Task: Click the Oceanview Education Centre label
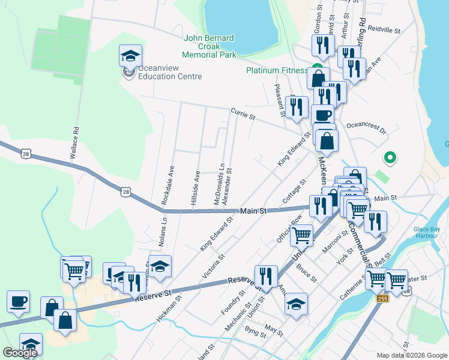point(170,73)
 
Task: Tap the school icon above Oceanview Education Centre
point(131,56)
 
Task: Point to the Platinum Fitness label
point(277,70)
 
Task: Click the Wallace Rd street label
point(74,142)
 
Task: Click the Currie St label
point(243,112)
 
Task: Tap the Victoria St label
point(214,266)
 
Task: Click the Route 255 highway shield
point(382,299)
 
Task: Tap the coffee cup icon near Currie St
point(322,116)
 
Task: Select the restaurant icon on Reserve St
point(265,277)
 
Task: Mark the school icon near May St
point(296,304)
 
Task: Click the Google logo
point(20,353)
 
